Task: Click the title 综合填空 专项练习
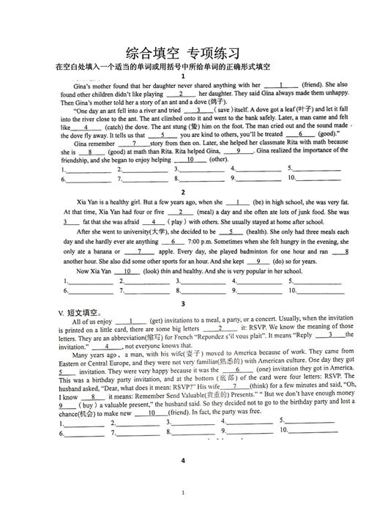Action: (x=183, y=53)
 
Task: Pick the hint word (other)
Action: (x=218, y=160)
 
